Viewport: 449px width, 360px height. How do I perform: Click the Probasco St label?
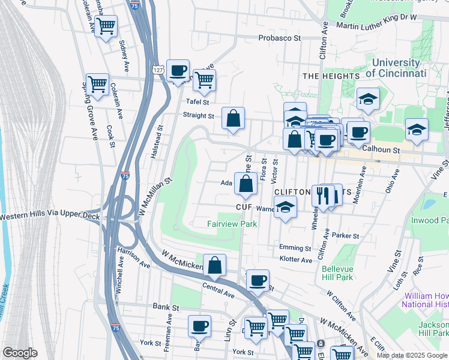point(279,38)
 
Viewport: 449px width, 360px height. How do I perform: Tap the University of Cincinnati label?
point(396,68)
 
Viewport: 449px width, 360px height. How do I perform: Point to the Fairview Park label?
point(232,224)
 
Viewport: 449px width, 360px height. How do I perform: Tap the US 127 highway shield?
point(158,70)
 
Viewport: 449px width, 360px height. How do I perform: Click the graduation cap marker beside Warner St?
point(285,208)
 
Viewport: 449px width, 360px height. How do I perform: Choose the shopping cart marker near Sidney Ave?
point(106,27)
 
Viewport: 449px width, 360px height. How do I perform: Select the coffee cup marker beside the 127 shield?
point(178,71)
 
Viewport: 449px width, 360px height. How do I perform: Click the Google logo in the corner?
point(20,352)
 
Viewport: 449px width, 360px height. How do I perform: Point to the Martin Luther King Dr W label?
point(376,25)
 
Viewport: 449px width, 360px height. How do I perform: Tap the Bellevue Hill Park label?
point(337,273)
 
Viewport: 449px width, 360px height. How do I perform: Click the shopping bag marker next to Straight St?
point(234,119)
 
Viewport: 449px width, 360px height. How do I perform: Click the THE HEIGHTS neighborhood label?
point(331,76)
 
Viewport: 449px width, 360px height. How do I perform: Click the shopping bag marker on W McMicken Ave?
point(214,265)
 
